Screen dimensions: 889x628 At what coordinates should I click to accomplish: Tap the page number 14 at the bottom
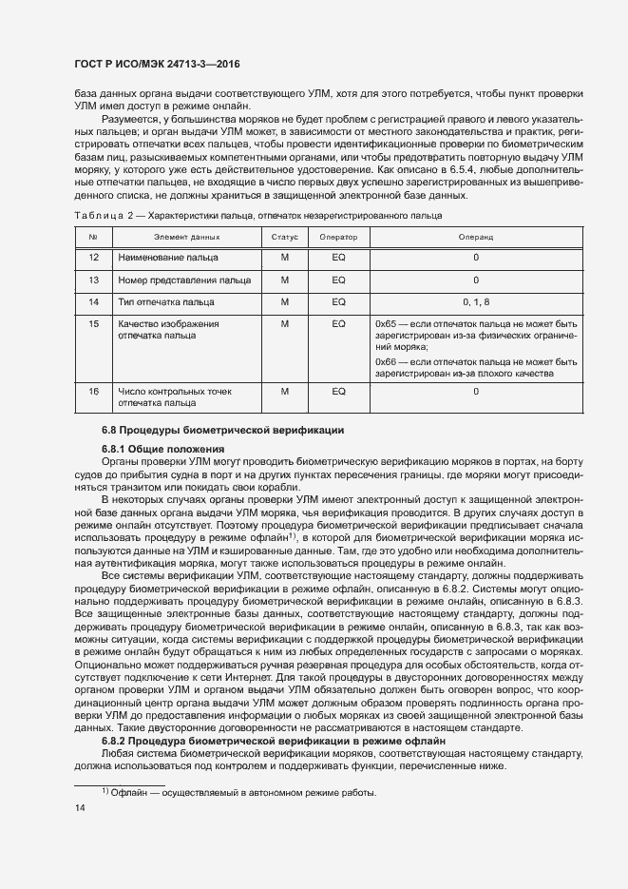point(80,807)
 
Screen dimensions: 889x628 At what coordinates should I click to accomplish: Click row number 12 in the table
point(93,258)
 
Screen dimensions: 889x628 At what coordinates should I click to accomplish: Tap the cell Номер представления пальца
point(183,280)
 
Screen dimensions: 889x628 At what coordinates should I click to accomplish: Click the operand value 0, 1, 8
point(476,301)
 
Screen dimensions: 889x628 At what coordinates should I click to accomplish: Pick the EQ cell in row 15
point(337,324)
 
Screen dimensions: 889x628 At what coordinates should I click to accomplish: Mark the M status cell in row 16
point(284,391)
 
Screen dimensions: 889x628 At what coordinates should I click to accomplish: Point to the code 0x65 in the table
point(387,324)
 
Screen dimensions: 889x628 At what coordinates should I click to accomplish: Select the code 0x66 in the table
point(387,361)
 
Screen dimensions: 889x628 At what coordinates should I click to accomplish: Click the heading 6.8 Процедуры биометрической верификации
point(222,432)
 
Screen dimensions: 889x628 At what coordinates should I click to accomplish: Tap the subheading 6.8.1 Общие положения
point(162,448)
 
